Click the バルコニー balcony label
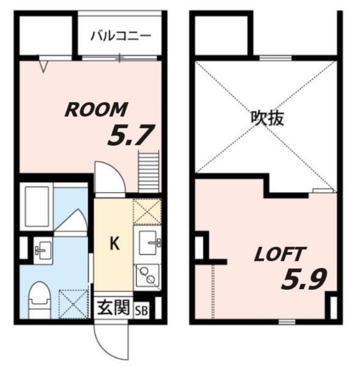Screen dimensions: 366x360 coord(121,35)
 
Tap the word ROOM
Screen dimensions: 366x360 coord(96,110)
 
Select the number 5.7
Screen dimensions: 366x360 coord(129,135)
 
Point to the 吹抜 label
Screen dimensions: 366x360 coord(268,118)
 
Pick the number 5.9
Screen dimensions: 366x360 coord(303,279)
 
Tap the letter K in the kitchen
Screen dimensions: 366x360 coord(113,243)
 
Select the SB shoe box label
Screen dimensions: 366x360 coord(141,309)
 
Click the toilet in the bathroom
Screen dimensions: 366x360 coord(41,299)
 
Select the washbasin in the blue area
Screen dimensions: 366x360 coord(43,249)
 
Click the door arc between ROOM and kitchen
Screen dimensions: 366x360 coord(110,179)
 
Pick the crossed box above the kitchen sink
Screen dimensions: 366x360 coord(147,211)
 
